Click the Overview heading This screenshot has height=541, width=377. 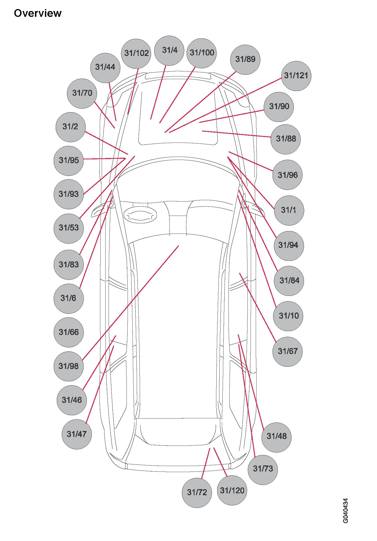pyautogui.click(x=38, y=13)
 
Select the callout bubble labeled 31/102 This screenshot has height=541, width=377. pyautogui.click(x=136, y=53)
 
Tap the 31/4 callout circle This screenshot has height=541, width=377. pyautogui.click(x=169, y=50)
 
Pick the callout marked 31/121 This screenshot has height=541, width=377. pyautogui.click(x=296, y=76)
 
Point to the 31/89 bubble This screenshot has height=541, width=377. pyautogui.click(x=245, y=60)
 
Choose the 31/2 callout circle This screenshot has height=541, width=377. pyautogui.click(x=71, y=127)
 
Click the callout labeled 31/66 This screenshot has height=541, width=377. pyautogui.click(x=69, y=332)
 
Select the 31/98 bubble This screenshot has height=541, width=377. pyautogui.click(x=69, y=366)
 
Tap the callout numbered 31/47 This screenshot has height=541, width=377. pyautogui.click(x=77, y=434)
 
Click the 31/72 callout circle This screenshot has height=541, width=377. pyautogui.click(x=197, y=492)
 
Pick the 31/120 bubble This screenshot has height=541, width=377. pyautogui.click(x=232, y=491)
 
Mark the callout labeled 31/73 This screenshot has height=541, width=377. pyautogui.click(x=263, y=469)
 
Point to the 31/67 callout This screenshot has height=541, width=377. pyautogui.click(x=287, y=352)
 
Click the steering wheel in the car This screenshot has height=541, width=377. pyautogui.click(x=140, y=215)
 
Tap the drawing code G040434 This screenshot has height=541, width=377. pyautogui.click(x=346, y=510)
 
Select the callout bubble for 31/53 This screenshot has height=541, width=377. pyautogui.click(x=69, y=228)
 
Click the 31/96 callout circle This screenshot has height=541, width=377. pyautogui.click(x=287, y=175)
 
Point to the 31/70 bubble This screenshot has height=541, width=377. pyautogui.click(x=82, y=93)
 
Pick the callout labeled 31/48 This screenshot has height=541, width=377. pyautogui.click(x=276, y=436)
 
